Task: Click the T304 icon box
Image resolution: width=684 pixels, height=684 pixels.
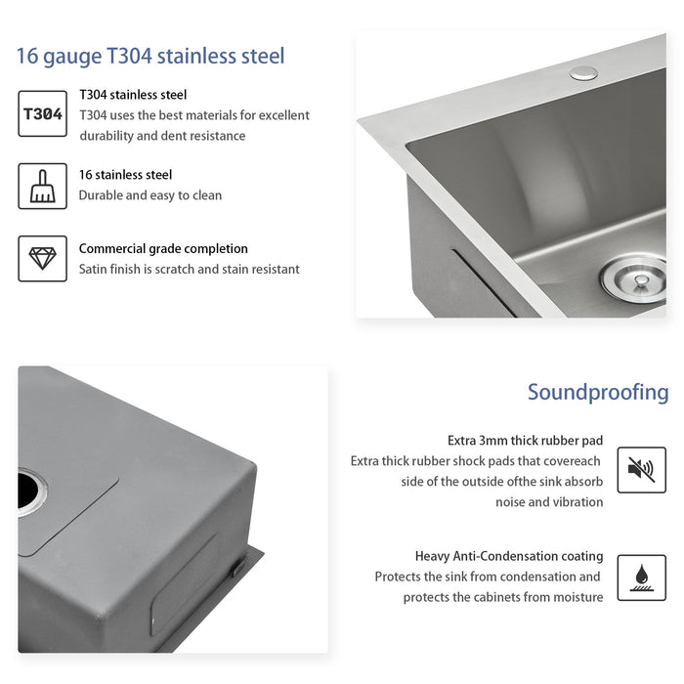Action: [43, 113]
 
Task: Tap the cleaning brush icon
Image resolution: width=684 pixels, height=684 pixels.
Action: [43, 186]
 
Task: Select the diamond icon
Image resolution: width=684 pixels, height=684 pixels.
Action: [43, 258]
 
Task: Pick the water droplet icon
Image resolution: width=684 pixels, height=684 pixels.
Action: [641, 577]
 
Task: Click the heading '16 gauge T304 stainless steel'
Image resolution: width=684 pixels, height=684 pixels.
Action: [150, 56]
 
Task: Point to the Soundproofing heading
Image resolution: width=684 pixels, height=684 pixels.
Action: [598, 392]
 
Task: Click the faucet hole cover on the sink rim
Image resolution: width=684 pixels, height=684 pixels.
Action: [584, 71]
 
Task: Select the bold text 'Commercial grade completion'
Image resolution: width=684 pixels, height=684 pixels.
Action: [163, 248]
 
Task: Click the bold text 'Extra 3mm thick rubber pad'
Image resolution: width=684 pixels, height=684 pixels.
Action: [525, 441]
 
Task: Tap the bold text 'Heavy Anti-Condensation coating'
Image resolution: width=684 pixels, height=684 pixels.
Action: [509, 556]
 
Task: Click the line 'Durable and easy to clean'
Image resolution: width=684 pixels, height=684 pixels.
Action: [150, 195]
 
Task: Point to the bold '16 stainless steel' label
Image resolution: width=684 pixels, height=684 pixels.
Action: [125, 175]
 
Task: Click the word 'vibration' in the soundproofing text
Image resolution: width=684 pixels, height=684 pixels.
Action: [578, 502]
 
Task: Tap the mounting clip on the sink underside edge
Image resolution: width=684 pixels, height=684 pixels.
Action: [238, 566]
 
